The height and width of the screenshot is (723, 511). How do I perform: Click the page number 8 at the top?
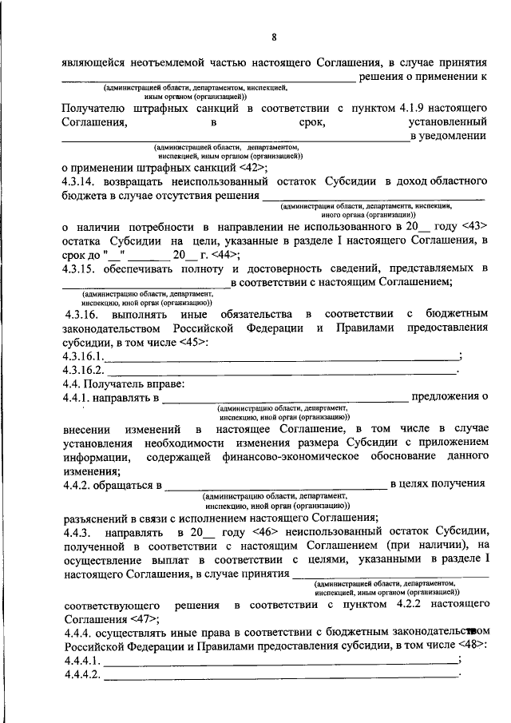(x=274, y=38)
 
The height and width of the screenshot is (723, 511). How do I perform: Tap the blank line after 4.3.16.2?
(x=279, y=371)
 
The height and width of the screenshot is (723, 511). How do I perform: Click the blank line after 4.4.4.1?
(x=279, y=660)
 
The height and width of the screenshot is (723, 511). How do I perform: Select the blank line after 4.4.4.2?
(x=279, y=675)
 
